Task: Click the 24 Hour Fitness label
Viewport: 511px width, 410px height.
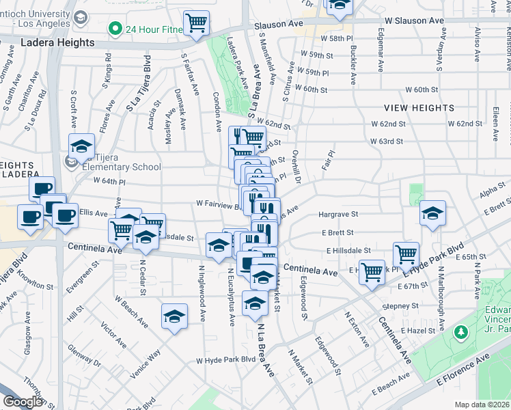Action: [x=158, y=29]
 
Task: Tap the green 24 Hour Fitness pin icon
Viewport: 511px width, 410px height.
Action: [x=115, y=29]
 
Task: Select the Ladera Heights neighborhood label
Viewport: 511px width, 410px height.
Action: [x=57, y=42]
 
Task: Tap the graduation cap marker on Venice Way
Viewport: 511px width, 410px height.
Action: [x=174, y=316]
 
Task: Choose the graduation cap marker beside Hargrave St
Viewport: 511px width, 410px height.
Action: [x=432, y=213]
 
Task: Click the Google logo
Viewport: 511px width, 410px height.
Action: [x=22, y=402]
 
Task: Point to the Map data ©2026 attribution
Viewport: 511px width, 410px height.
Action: [x=482, y=405]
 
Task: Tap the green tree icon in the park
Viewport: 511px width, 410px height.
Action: [x=461, y=332]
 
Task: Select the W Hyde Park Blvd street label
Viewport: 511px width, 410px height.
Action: [x=225, y=359]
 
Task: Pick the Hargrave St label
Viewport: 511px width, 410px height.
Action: [x=338, y=215]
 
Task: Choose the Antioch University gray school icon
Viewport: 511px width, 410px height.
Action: [x=81, y=16]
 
